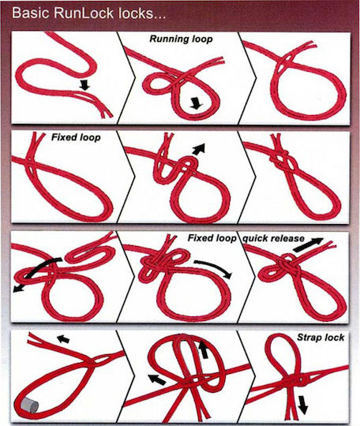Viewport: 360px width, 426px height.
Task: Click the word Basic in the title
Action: [x=31, y=13]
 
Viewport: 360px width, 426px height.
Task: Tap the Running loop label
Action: [x=181, y=39]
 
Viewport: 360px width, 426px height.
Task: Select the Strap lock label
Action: [x=321, y=338]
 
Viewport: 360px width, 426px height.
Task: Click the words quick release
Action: [x=273, y=238]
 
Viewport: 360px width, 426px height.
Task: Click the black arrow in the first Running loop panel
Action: [x=84, y=84]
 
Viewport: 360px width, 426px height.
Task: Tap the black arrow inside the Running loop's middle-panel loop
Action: [x=197, y=103]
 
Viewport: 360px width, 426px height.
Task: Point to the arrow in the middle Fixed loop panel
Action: [x=198, y=149]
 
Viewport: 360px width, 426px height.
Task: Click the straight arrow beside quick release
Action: [x=309, y=245]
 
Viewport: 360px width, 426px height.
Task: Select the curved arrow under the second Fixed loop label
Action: [x=212, y=267]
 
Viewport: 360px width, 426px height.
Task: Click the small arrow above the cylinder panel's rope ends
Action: [x=64, y=338]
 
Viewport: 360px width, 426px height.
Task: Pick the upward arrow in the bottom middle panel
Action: [x=204, y=349]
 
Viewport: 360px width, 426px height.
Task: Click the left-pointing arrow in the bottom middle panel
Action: [x=156, y=379]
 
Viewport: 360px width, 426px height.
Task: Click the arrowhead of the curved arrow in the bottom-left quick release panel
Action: [x=17, y=289]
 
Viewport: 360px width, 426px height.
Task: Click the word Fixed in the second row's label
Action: [x=62, y=137]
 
